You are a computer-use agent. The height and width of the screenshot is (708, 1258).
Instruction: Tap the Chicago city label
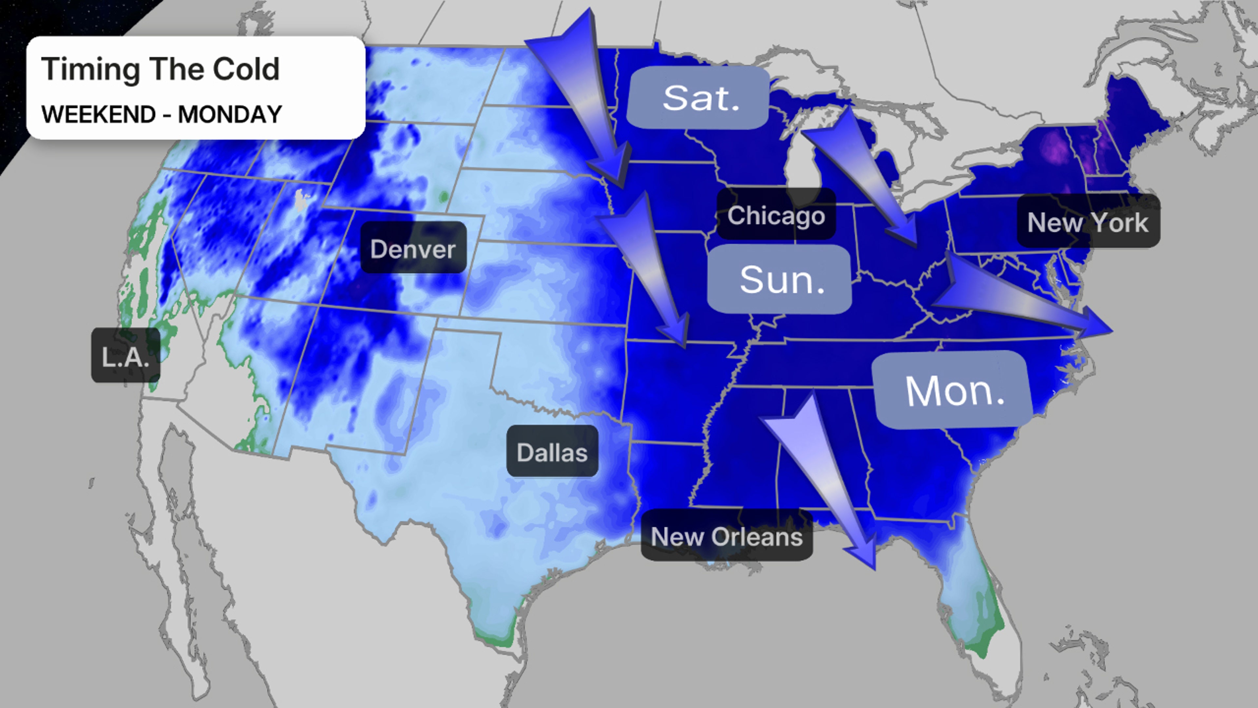click(x=776, y=215)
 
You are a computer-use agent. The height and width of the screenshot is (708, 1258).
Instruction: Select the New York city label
click(x=1088, y=222)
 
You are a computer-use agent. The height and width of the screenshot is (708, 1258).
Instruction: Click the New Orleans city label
click(x=726, y=536)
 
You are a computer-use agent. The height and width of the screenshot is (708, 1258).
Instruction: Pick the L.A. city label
click(x=125, y=355)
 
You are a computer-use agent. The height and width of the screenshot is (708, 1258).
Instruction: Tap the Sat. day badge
click(x=699, y=98)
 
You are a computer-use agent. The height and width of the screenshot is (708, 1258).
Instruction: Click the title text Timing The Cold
click(x=160, y=69)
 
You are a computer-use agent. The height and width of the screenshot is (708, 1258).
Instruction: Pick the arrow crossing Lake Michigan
click(x=865, y=176)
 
